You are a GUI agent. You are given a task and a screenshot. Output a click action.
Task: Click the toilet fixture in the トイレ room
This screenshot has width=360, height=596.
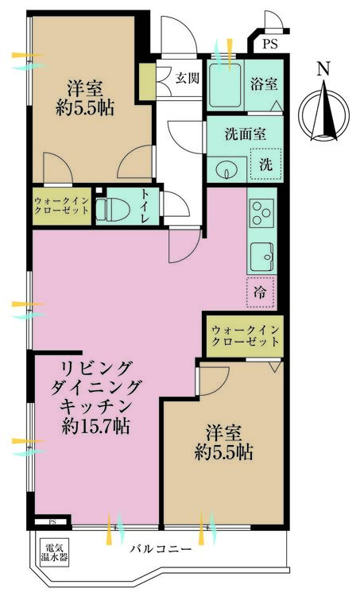point(113,209)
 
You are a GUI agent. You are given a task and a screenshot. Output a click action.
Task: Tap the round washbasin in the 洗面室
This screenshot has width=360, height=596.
point(226,169)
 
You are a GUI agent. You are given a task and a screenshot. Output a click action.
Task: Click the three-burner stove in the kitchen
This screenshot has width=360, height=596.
point(262,214)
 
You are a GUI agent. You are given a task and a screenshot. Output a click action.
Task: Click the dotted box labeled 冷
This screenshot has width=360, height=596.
point(261,292)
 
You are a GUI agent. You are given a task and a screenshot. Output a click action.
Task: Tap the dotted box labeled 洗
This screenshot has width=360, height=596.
point(266,164)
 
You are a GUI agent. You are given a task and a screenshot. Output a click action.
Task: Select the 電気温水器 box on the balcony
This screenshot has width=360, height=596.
point(54,553)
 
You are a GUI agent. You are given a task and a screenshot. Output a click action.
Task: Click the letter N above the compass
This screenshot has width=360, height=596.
point(323,69)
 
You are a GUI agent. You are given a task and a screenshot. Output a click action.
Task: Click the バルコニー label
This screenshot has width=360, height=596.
point(161,549)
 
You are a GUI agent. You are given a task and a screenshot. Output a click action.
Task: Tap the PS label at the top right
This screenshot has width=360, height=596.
point(270,44)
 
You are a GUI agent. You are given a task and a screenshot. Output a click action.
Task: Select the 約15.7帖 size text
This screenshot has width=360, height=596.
point(95,427)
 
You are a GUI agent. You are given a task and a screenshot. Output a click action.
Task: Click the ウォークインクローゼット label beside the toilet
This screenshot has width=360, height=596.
point(61,206)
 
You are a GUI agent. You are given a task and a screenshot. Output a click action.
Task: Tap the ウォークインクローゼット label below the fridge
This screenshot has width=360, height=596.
point(246,336)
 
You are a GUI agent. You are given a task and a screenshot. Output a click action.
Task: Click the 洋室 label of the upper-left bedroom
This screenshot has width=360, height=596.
point(84,89)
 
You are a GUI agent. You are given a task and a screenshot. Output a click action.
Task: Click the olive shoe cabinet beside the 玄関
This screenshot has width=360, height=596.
point(148,82)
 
